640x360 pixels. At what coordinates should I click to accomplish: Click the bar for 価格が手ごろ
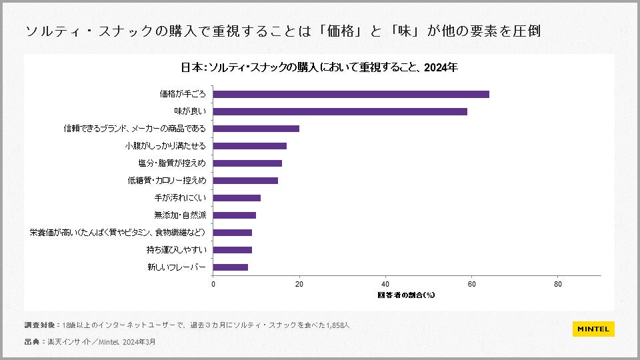(351, 94)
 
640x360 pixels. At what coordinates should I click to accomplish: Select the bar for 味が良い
(340, 111)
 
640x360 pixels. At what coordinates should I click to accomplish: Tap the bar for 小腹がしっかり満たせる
(249, 146)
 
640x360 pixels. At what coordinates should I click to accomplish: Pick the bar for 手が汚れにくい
(237, 198)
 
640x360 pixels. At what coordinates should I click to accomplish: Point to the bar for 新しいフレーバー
(231, 267)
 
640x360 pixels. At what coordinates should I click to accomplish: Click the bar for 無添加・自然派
(234, 215)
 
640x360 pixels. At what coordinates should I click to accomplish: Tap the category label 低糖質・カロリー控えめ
(167, 181)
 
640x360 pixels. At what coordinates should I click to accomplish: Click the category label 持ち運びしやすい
(176, 250)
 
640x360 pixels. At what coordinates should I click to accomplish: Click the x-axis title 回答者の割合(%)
(406, 294)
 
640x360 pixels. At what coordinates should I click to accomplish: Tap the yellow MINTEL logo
(593, 329)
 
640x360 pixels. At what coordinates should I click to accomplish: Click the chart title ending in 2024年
(319, 67)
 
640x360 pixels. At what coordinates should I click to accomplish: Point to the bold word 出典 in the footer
(32, 341)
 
